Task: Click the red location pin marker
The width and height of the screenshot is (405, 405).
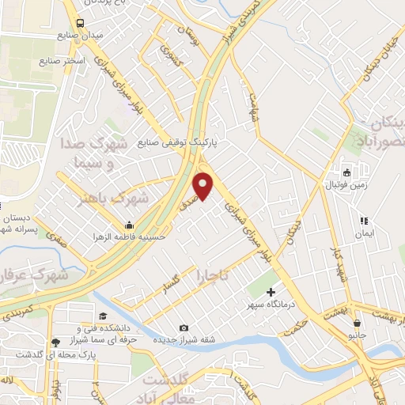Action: pos(204,187)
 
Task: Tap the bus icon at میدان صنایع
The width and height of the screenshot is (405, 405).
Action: pos(81,23)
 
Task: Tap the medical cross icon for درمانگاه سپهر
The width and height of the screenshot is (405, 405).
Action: pos(271,293)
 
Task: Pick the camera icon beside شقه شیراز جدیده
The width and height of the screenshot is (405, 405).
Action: pos(184,328)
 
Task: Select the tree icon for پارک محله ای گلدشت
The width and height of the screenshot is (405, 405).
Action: pos(55,343)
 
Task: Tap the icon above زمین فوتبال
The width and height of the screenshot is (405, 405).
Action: pos(346,173)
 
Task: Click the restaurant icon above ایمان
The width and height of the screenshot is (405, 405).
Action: pos(364,221)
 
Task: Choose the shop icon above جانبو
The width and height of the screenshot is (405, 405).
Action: pos(358,323)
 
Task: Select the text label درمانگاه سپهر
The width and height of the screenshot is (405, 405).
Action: pos(271,305)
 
